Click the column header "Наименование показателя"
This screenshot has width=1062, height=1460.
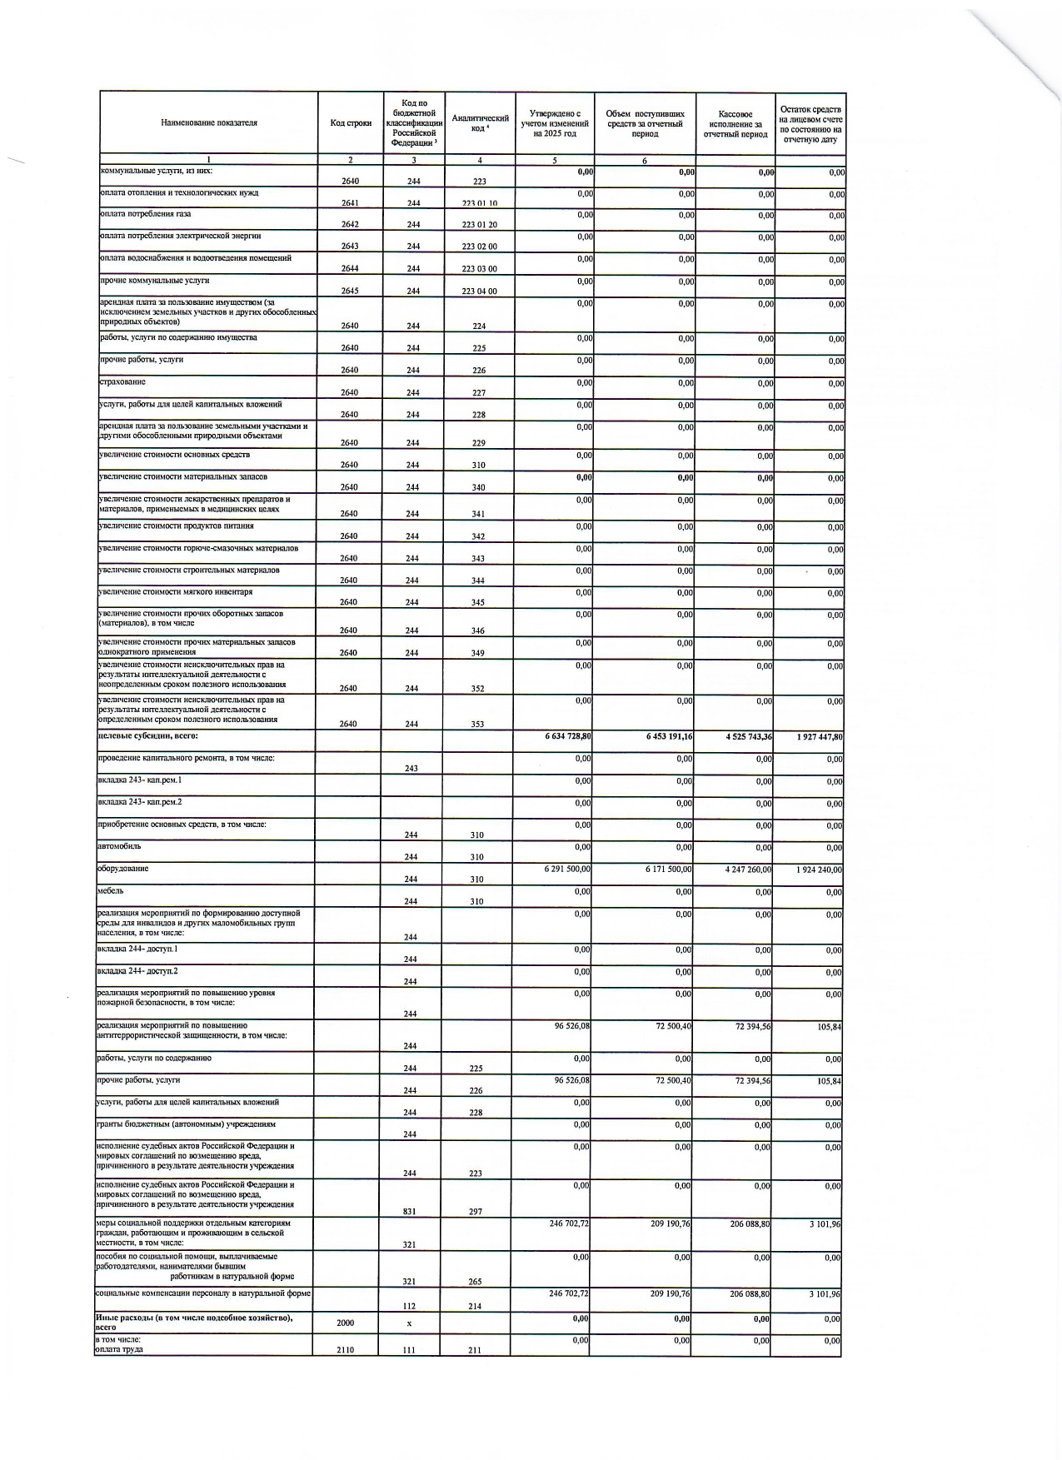pyautogui.click(x=209, y=122)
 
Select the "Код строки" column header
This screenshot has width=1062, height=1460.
pyautogui.click(x=351, y=123)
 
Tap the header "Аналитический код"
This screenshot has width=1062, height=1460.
pyautogui.click(x=480, y=123)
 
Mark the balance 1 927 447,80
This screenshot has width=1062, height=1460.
pyautogui.click(x=814, y=737)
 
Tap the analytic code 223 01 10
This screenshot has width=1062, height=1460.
pyautogui.click(x=479, y=203)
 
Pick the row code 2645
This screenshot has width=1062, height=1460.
pyautogui.click(x=350, y=291)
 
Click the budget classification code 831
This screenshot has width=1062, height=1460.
pyautogui.click(x=410, y=1212)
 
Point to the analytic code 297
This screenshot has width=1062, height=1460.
pyautogui.click(x=476, y=1212)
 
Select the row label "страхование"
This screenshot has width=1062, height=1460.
pyautogui.click(x=122, y=381)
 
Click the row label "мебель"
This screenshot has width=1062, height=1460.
pyautogui.click(x=112, y=890)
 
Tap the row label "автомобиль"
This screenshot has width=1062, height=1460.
pyautogui.click(x=119, y=846)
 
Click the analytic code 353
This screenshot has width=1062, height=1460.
pyautogui.click(x=477, y=725)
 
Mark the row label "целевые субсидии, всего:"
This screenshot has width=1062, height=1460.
pyautogui.click(x=148, y=736)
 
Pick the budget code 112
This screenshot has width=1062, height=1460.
pyautogui.click(x=410, y=1307)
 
